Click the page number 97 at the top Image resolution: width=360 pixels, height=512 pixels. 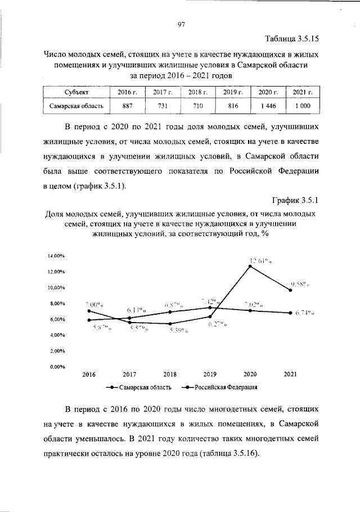181,24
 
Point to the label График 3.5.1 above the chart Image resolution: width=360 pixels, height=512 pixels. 295,200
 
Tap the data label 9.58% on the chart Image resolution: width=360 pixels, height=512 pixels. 301,284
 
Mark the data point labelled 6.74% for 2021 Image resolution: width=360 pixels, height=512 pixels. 290,312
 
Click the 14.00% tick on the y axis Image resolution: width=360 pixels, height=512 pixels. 56,256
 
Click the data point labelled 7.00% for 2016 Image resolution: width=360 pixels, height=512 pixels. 89,311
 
